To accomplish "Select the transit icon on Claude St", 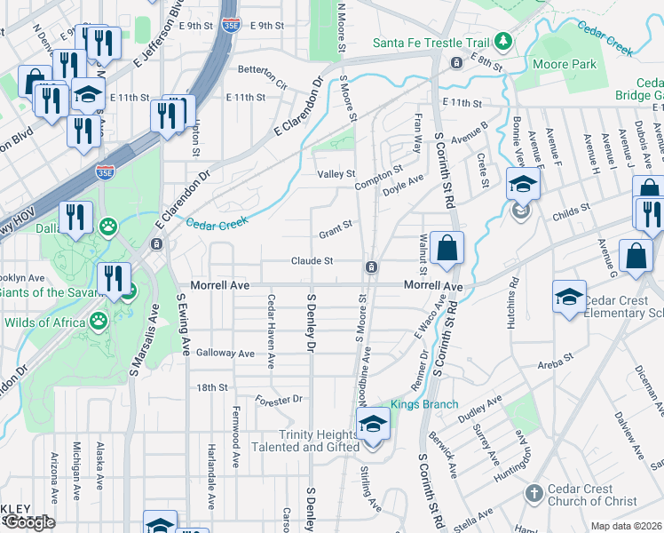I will [372, 267].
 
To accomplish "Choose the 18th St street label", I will [212, 387].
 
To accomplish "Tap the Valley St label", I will [336, 174].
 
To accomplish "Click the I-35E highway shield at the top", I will [231, 26].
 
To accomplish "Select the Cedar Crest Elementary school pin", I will [568, 298].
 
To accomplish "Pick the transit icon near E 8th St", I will [455, 63].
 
